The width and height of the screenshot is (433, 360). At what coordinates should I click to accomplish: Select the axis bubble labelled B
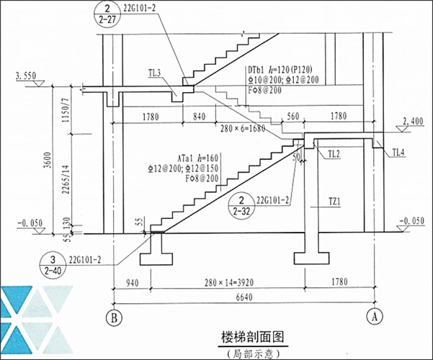(112, 315)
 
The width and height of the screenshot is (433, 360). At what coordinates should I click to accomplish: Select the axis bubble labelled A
(374, 315)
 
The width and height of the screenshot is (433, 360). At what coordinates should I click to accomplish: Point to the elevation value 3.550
(25, 75)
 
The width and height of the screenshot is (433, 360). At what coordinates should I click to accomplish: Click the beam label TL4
(398, 151)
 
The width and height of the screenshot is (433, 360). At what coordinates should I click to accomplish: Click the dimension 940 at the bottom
(130, 283)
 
